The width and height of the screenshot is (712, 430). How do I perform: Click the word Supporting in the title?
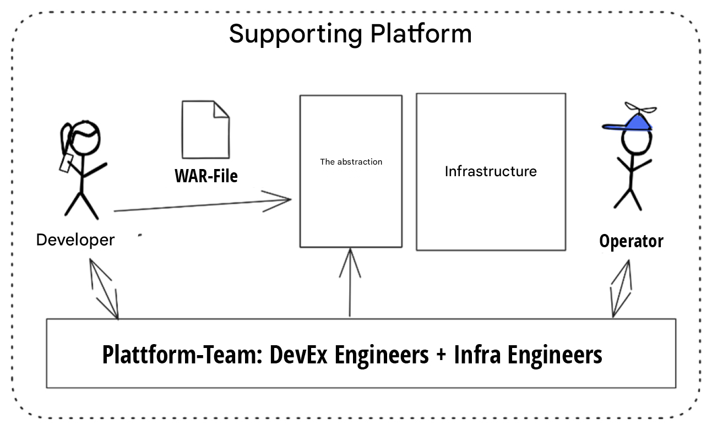pos(295,34)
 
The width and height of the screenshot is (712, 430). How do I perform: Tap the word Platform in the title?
pos(421,34)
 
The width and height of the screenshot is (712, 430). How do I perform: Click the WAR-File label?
pos(206,176)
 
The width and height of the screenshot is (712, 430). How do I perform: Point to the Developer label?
pos(75,240)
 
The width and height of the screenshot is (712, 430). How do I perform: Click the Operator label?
pos(631,241)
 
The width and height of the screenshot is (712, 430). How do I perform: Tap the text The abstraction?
pos(351,162)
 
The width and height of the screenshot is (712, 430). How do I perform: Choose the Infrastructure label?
pos(491,171)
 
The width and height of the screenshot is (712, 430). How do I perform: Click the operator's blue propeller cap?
pos(631,124)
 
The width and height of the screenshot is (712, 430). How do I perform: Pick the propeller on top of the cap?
pos(639,108)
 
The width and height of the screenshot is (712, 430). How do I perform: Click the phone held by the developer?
pos(66,163)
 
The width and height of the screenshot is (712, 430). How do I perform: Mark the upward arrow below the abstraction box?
pos(350,281)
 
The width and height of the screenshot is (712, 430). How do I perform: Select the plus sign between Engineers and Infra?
pos(441,356)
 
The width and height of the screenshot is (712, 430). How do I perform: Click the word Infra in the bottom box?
pos(477,355)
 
